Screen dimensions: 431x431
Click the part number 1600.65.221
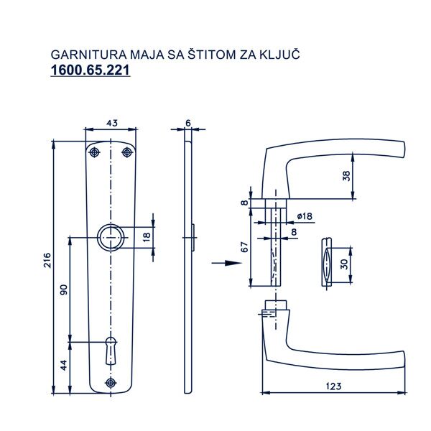click(90, 71)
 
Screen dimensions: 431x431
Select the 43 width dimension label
click(111, 124)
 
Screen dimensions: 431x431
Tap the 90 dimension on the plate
click(64, 289)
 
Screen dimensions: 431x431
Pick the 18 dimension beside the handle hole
click(147, 236)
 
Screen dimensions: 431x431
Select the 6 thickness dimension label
click(188, 124)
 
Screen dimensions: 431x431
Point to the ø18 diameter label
click(303, 216)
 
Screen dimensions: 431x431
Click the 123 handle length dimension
click(332, 386)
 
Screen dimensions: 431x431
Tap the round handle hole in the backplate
click(111, 236)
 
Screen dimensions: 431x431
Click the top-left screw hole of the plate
click(94, 152)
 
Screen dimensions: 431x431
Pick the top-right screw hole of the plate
click(127, 152)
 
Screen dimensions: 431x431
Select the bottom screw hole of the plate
click(111, 382)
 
